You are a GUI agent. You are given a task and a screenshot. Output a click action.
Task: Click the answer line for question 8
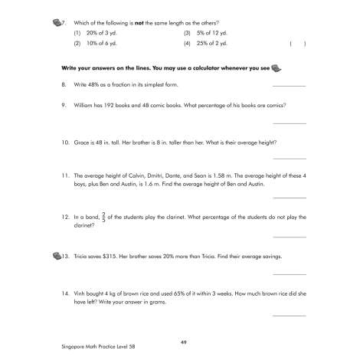(289, 86)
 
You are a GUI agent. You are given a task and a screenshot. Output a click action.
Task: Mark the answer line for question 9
(289, 123)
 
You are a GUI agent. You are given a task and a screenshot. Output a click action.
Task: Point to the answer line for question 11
(289, 197)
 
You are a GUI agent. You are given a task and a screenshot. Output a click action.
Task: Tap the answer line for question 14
(289, 315)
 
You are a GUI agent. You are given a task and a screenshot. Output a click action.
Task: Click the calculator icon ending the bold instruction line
(277, 67)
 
